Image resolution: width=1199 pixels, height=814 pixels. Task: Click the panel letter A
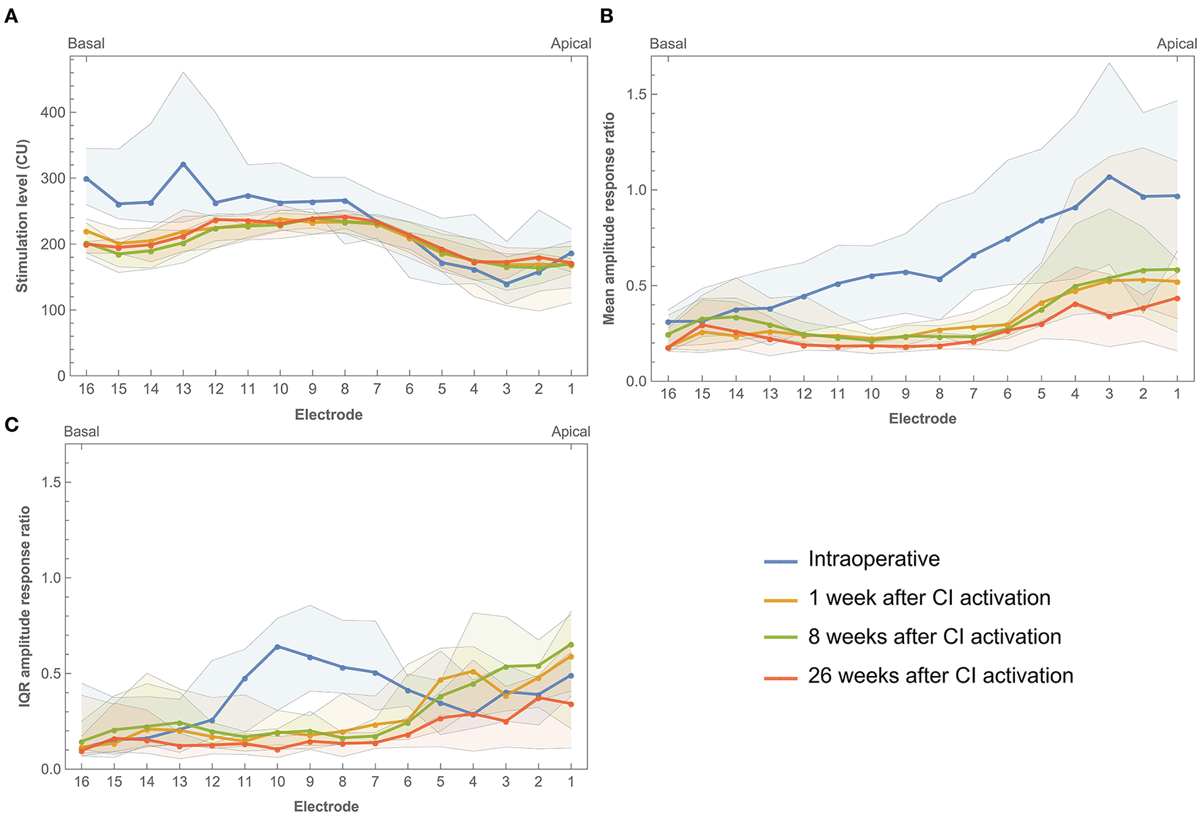[11, 16]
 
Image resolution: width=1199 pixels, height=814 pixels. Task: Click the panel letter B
[606, 16]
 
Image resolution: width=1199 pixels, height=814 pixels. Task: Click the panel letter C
[11, 424]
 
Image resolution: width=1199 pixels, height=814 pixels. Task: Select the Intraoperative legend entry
[873, 560]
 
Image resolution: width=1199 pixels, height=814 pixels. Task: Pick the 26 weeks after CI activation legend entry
[940, 676]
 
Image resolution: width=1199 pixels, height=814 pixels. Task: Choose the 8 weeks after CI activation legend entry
[934, 637]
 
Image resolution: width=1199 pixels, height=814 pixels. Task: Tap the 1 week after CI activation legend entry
[928, 598]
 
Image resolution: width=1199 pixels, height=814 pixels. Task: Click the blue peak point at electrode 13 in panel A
[183, 164]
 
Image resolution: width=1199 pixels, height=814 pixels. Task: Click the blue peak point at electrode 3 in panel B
[1109, 177]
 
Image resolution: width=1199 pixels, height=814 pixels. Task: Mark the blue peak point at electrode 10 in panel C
[277, 647]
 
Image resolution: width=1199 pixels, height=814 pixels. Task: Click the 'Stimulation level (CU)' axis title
[22, 216]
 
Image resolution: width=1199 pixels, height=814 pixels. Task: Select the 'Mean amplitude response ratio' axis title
[609, 218]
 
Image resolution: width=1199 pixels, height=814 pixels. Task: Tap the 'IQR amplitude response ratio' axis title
[25, 606]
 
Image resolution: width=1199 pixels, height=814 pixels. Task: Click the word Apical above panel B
[1177, 44]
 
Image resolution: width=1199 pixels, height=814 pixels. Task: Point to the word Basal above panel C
[81, 432]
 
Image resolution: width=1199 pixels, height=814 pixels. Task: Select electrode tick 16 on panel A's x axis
[86, 389]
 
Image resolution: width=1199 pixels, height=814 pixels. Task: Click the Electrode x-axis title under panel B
[922, 419]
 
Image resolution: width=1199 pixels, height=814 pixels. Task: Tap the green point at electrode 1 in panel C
[570, 645]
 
